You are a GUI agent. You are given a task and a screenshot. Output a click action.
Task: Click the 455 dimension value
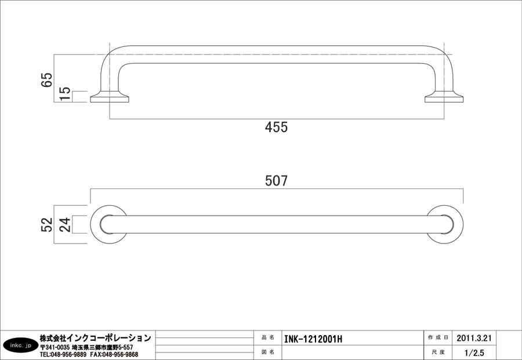(276, 128)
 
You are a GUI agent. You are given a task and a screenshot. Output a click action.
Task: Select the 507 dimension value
(276, 181)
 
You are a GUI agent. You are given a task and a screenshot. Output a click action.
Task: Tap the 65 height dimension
(47, 79)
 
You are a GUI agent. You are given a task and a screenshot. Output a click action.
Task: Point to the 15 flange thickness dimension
(65, 93)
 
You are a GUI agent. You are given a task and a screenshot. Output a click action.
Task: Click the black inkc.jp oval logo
(19, 346)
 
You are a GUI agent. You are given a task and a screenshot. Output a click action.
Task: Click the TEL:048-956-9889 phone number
(63, 354)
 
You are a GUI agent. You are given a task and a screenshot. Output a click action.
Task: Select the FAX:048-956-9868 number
(114, 354)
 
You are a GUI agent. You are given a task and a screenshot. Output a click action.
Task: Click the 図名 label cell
(268, 352)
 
